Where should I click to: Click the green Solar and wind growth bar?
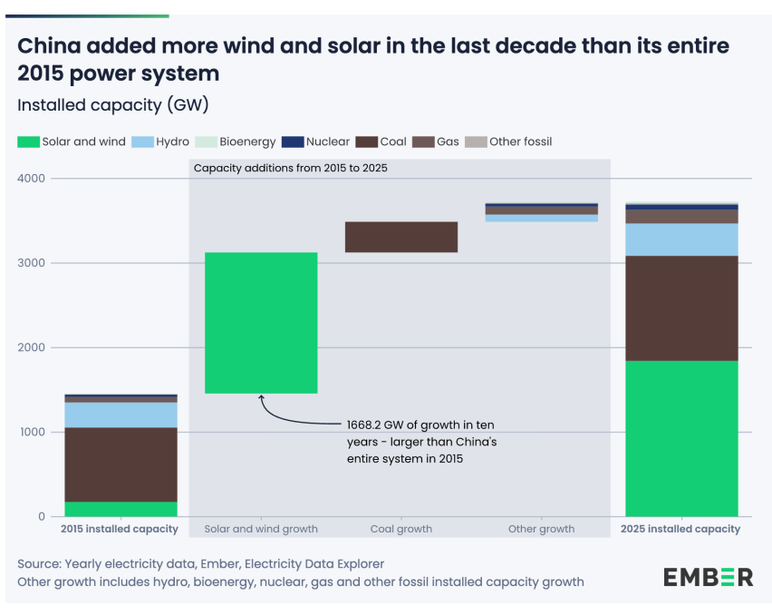pyautogui.click(x=261, y=323)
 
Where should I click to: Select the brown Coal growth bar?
pyautogui.click(x=401, y=237)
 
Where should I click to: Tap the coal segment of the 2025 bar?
pyautogui.click(x=681, y=308)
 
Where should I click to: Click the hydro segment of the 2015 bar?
pyautogui.click(x=121, y=415)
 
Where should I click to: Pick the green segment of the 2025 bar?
pyautogui.click(x=681, y=439)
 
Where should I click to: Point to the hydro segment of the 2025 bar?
pyautogui.click(x=681, y=239)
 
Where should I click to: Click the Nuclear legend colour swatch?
pyautogui.click(x=293, y=142)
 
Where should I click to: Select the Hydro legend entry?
pyautogui.click(x=160, y=142)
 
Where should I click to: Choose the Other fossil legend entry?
pyautogui.click(x=508, y=142)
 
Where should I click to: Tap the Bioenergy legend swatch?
pyautogui.click(x=206, y=142)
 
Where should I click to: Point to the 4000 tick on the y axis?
pyautogui.click(x=31, y=179)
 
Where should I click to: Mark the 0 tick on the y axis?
pyautogui.click(x=42, y=517)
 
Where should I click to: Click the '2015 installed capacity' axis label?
pyautogui.click(x=120, y=529)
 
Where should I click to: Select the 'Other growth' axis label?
pyautogui.click(x=542, y=529)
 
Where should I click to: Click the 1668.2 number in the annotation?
pyautogui.click(x=363, y=425)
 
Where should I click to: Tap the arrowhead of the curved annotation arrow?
pyautogui.click(x=262, y=397)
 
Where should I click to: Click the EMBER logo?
pyautogui.click(x=708, y=577)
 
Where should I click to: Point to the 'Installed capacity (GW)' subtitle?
pyautogui.click(x=113, y=105)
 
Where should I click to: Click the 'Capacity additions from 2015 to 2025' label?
pyautogui.click(x=291, y=168)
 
